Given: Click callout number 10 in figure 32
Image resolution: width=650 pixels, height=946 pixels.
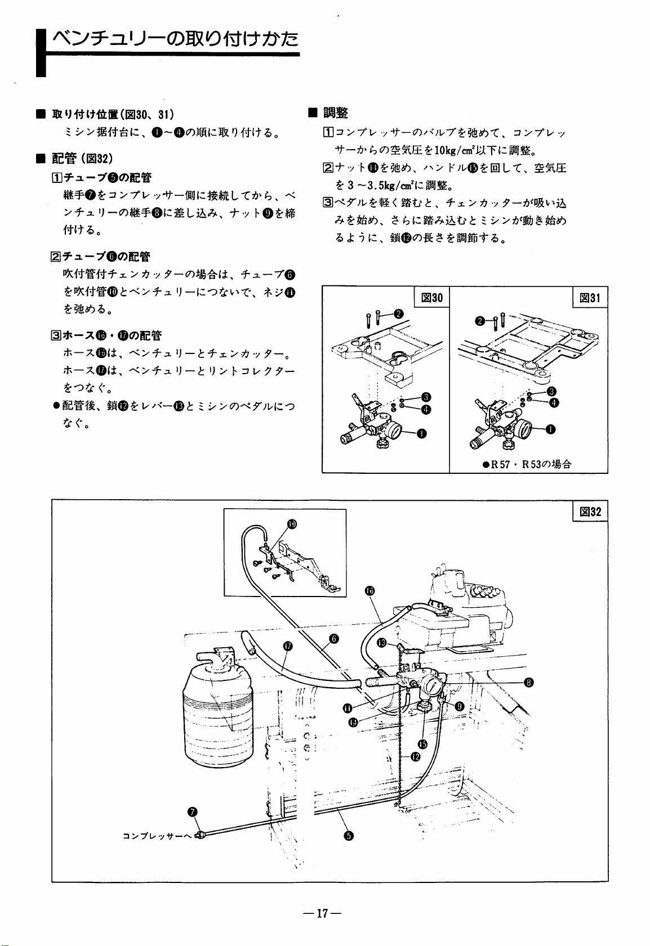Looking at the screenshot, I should [292, 524].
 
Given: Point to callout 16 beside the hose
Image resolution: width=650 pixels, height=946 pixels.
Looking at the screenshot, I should [369, 590].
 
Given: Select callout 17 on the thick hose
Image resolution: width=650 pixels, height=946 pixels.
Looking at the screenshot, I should [287, 645].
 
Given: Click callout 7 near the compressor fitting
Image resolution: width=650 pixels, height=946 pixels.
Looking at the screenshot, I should [192, 811].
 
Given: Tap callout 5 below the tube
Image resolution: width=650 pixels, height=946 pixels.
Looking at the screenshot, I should [349, 835].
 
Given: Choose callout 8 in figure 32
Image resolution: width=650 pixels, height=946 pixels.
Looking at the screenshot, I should [528, 683].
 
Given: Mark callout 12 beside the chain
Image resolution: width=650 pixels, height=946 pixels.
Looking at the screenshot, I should [415, 756].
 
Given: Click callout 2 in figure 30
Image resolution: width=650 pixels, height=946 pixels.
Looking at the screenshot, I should [399, 313].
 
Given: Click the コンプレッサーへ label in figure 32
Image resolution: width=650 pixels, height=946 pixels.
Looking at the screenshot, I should [158, 835].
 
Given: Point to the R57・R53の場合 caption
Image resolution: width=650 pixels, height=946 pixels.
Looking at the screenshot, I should [527, 464].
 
